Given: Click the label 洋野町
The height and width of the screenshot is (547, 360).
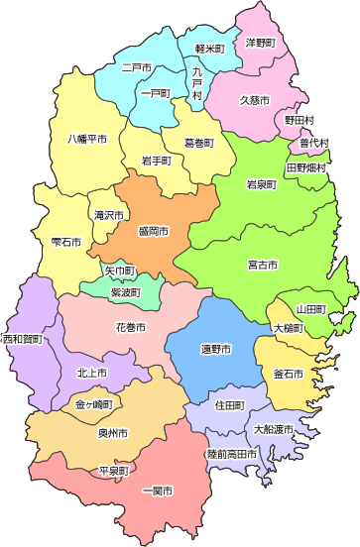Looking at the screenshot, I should click(260, 44).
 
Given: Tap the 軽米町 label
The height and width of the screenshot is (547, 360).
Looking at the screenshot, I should click(209, 48).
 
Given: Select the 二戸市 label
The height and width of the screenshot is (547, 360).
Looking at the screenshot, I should click(136, 67).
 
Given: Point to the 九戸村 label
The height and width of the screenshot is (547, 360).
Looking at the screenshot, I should click(197, 82).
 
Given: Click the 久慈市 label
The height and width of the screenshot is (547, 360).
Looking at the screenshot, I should click(255, 99).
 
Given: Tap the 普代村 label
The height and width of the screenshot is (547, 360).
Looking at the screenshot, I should click(314, 143).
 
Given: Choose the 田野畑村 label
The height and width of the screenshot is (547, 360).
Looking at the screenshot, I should click(305, 168).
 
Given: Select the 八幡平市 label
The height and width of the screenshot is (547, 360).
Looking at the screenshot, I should click(86, 139).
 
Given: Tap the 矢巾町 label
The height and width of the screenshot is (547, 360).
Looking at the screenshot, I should click(119, 270).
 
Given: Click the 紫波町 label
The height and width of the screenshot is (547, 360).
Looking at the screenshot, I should click(125, 292).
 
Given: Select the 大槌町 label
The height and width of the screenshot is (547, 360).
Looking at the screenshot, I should click(290, 327).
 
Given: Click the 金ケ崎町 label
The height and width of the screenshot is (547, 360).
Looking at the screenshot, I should click(93, 405).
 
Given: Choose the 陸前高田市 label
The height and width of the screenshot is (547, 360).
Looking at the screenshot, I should click(231, 454).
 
